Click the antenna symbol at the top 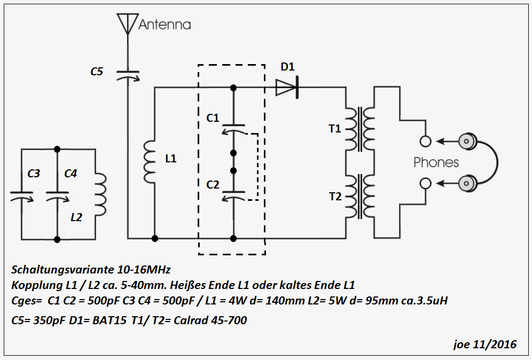(x=128, y=23)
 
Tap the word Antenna (x=165, y=25)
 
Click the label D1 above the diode (x=287, y=67)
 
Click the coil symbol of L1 (x=149, y=159)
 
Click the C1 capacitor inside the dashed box (x=233, y=129)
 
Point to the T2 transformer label (x=335, y=196)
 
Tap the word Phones (x=436, y=162)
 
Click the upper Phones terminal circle (x=426, y=142)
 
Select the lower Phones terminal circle (x=426, y=183)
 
